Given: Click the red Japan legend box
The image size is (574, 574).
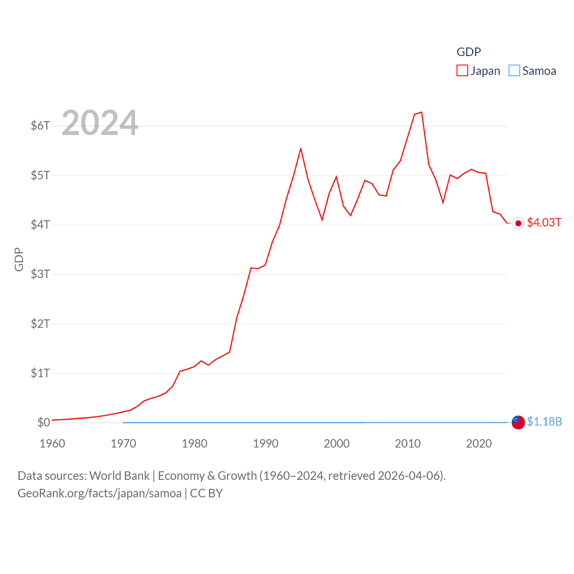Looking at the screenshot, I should coord(462,71).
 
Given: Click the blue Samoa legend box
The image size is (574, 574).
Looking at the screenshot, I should coord(514,71).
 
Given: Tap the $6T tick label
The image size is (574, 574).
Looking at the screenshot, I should coord(40,126).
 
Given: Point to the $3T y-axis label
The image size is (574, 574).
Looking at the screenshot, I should coord(40,274).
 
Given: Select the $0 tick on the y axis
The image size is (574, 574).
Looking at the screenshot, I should coord(43,422).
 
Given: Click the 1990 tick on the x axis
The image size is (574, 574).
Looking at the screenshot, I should coord(265,444).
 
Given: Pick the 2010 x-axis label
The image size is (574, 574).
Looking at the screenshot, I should coord(408,444).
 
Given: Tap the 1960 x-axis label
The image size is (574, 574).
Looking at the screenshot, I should coord(52,444).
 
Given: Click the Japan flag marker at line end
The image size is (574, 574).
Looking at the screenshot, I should coord(518,223).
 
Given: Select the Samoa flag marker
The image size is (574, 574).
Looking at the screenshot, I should coord(518,422).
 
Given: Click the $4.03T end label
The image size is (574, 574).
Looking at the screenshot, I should coord(544,222).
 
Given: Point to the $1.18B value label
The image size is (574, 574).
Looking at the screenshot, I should coord(544,422).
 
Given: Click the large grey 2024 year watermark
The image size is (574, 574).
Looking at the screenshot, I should coord(100,123).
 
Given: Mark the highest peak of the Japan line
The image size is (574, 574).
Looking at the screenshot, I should coord(422,113).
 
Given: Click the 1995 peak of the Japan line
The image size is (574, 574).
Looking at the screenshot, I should coord(301,148).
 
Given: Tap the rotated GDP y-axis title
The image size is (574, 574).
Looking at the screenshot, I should coord(19,259).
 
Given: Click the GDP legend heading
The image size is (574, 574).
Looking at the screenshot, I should coord(469,52).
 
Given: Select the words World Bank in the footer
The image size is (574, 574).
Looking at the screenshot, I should coord(120,476).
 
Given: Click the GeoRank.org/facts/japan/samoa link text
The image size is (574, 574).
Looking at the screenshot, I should coord(100,493).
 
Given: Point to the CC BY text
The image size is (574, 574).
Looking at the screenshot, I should coord(206,493).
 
